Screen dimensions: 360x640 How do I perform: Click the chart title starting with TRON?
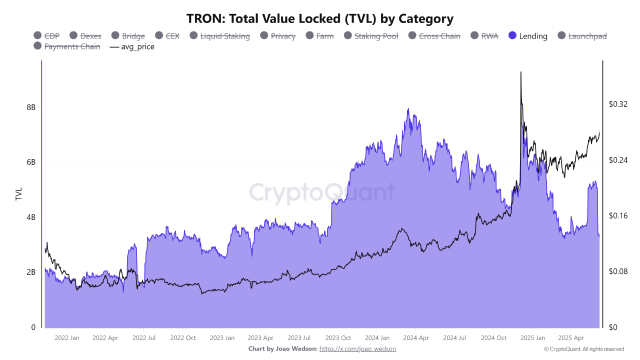[x=320, y=19]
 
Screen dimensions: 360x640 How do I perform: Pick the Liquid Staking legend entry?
[x=224, y=36]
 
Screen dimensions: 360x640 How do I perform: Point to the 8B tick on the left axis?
[x=31, y=107]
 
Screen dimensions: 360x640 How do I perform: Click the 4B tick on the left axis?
[x=31, y=217]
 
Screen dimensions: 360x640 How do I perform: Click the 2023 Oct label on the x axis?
[x=338, y=338]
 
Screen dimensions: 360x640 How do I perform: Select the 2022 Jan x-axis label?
[x=66, y=338]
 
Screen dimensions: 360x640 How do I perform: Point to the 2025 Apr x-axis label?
[x=571, y=338]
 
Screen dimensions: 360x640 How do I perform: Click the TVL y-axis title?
[x=19, y=194]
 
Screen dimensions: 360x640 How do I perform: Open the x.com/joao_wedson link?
[x=357, y=348]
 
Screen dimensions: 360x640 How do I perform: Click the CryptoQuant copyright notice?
[x=584, y=349]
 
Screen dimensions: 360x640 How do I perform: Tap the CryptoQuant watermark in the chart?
[x=321, y=192]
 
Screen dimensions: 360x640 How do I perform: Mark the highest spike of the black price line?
[x=521, y=72]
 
